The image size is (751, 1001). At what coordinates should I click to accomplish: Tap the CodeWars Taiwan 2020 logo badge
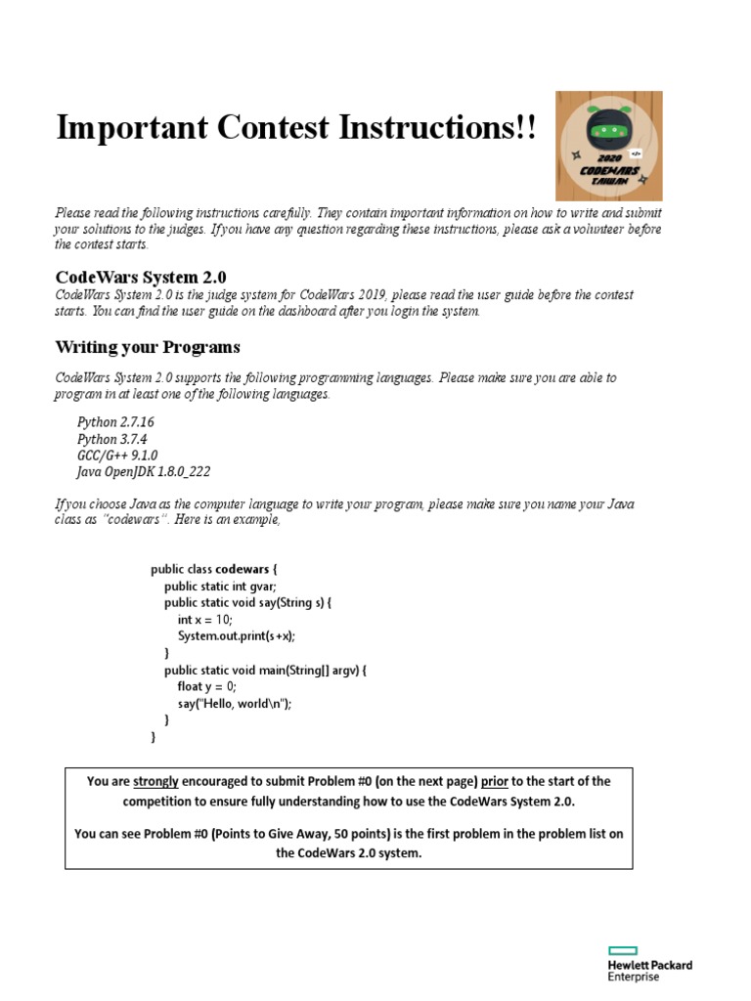609,146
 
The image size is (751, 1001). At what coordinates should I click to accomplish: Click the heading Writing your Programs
147,347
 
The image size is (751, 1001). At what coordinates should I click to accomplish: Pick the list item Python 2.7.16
115,422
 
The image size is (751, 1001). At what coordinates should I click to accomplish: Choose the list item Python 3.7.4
112,439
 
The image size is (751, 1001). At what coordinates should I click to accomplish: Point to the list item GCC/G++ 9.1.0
117,456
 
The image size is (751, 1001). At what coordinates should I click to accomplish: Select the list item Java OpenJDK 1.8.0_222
143,471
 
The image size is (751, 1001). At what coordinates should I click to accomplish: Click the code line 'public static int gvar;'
220,587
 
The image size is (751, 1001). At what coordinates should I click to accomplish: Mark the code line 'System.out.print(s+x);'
236,635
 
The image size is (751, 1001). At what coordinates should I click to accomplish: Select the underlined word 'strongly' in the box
155,781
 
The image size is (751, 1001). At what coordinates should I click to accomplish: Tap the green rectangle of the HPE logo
622,950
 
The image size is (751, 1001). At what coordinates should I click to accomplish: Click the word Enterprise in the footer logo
634,977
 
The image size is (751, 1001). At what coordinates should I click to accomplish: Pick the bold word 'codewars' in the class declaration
242,569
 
